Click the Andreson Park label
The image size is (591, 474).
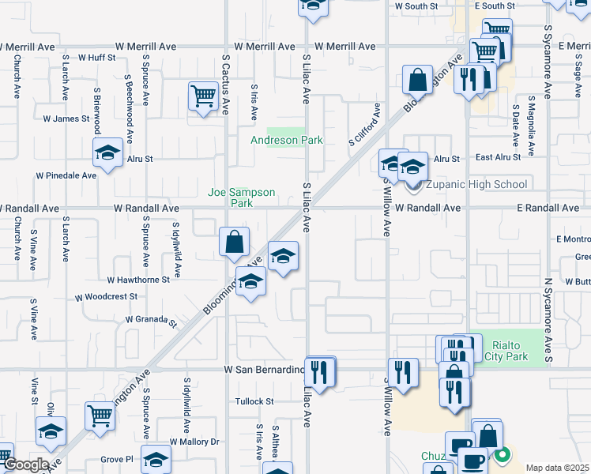(x=287, y=140)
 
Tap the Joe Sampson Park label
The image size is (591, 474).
(x=242, y=197)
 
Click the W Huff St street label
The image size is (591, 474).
(x=96, y=58)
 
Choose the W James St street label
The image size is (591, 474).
(x=66, y=118)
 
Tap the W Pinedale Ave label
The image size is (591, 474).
(x=66, y=175)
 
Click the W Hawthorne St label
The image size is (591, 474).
(x=138, y=280)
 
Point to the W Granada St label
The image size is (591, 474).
(x=149, y=320)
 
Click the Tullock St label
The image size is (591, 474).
(x=254, y=401)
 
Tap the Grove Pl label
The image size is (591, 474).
(x=117, y=458)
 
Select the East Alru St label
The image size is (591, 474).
(x=498, y=157)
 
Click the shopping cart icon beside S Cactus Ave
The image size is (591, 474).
(x=203, y=97)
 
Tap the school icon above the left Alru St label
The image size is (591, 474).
(x=107, y=152)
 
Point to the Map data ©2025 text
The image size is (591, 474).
(x=556, y=468)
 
